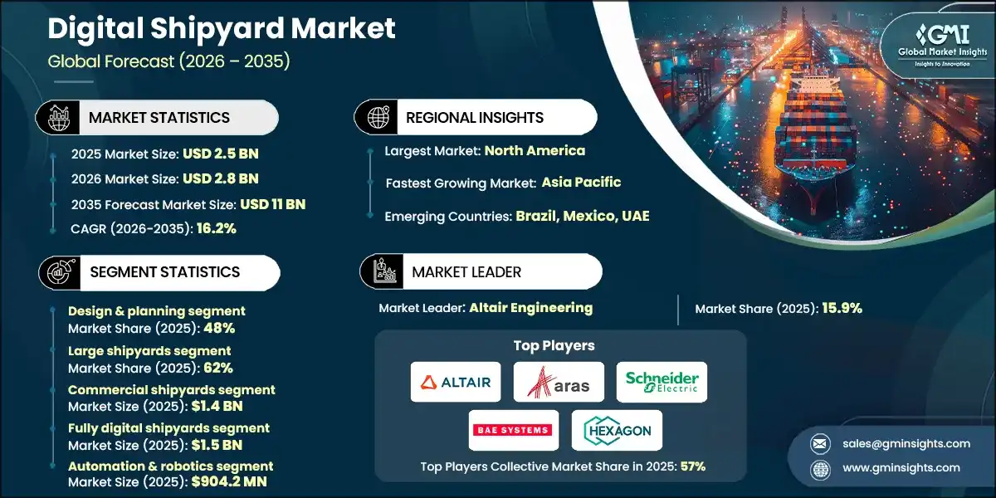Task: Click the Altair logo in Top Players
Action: tap(456, 382)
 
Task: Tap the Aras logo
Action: tap(558, 382)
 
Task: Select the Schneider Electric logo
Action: tap(662, 382)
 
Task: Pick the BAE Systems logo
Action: tap(511, 430)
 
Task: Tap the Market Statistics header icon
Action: tap(58, 118)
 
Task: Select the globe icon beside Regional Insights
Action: tap(378, 117)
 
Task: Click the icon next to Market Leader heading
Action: tap(383, 272)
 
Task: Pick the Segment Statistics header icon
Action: tap(58, 272)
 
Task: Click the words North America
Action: tap(535, 150)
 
